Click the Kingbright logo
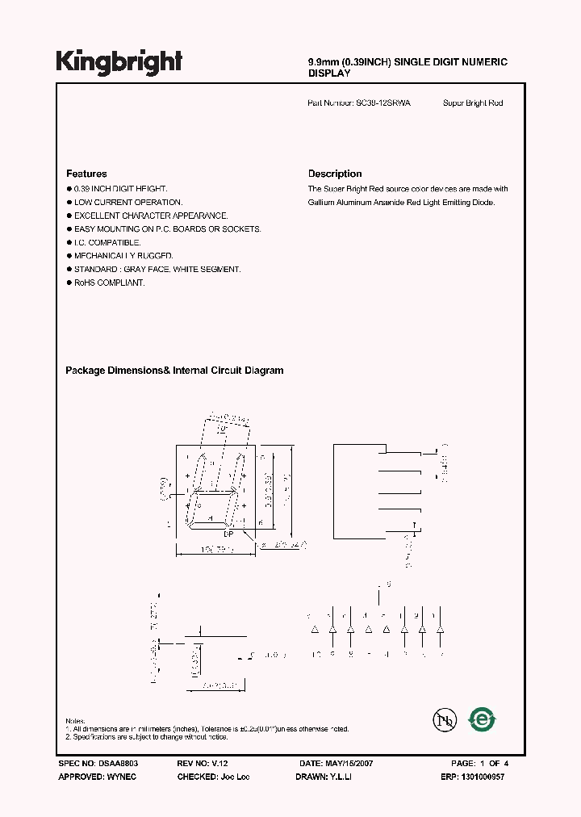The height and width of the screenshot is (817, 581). click(119, 62)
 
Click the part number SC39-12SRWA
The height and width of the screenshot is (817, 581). click(383, 103)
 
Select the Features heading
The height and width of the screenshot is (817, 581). click(86, 174)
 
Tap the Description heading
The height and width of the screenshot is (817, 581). click(335, 174)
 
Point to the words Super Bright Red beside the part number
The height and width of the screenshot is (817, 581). click(473, 103)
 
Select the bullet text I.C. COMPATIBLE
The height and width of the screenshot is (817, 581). click(107, 242)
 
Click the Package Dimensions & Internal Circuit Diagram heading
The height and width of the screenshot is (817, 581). click(174, 371)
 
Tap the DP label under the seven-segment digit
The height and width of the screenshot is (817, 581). click(228, 534)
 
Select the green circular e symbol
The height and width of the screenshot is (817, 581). click(483, 719)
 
